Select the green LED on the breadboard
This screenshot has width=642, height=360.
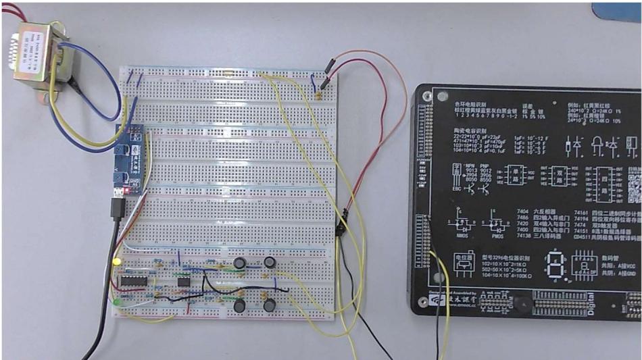pos(118,302)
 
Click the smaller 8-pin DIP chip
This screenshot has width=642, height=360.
pos(182,280)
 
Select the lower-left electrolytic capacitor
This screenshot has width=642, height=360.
pos(239,306)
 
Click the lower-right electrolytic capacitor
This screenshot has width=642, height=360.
pos(270,306)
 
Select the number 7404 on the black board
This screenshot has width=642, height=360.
pos(524,212)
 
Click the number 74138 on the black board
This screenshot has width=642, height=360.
pos(525,236)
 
